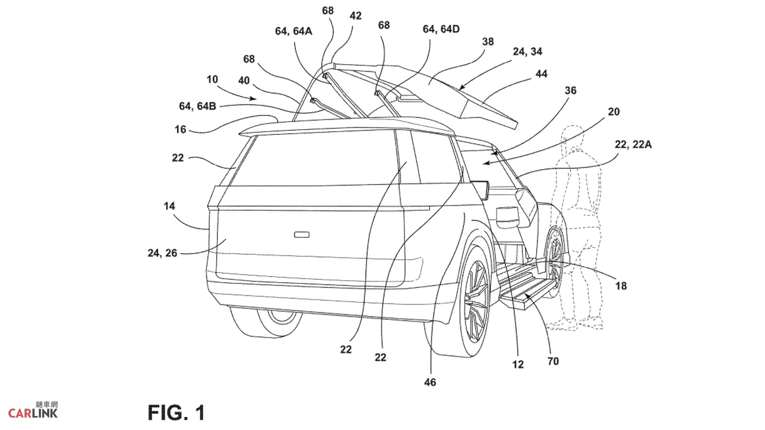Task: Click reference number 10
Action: pos(212,79)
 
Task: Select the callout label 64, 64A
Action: pos(293,31)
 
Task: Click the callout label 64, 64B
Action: pos(197,106)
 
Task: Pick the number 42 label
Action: pos(355,16)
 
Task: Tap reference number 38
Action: pos(488,42)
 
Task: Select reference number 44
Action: pos(541,74)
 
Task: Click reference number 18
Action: pos(621,285)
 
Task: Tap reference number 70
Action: pos(553,361)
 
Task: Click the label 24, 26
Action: pos(162,253)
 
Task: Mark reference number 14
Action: pos(169,206)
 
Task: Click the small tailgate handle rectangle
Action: pos(302,235)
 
